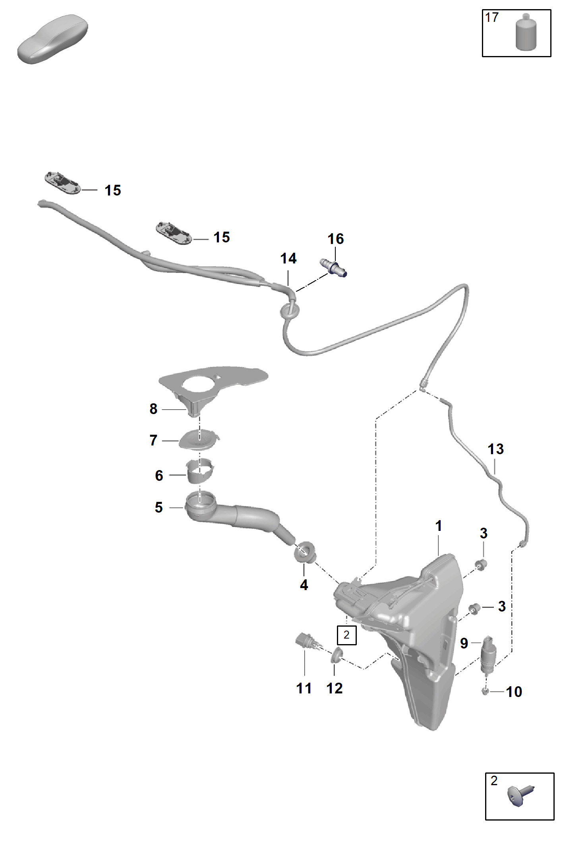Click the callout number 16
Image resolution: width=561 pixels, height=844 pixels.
[x=335, y=239]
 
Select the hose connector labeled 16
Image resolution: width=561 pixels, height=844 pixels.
[x=333, y=267]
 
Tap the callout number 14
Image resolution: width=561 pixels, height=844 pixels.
[x=288, y=258]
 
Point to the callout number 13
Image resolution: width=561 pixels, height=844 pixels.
[x=495, y=449]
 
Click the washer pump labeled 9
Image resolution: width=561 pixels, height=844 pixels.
[x=488, y=654]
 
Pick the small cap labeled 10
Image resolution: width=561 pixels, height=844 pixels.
[x=485, y=692]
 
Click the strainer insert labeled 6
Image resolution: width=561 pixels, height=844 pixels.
[x=199, y=471]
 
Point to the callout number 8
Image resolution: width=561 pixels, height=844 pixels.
[x=153, y=408]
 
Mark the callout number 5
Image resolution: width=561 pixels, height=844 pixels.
[x=159, y=507]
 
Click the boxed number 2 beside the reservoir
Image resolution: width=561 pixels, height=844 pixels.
[x=346, y=635]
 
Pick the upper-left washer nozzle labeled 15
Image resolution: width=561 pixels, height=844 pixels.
[x=63, y=183]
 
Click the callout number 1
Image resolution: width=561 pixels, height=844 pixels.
[x=439, y=526]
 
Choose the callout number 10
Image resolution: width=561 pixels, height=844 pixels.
[x=514, y=692]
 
